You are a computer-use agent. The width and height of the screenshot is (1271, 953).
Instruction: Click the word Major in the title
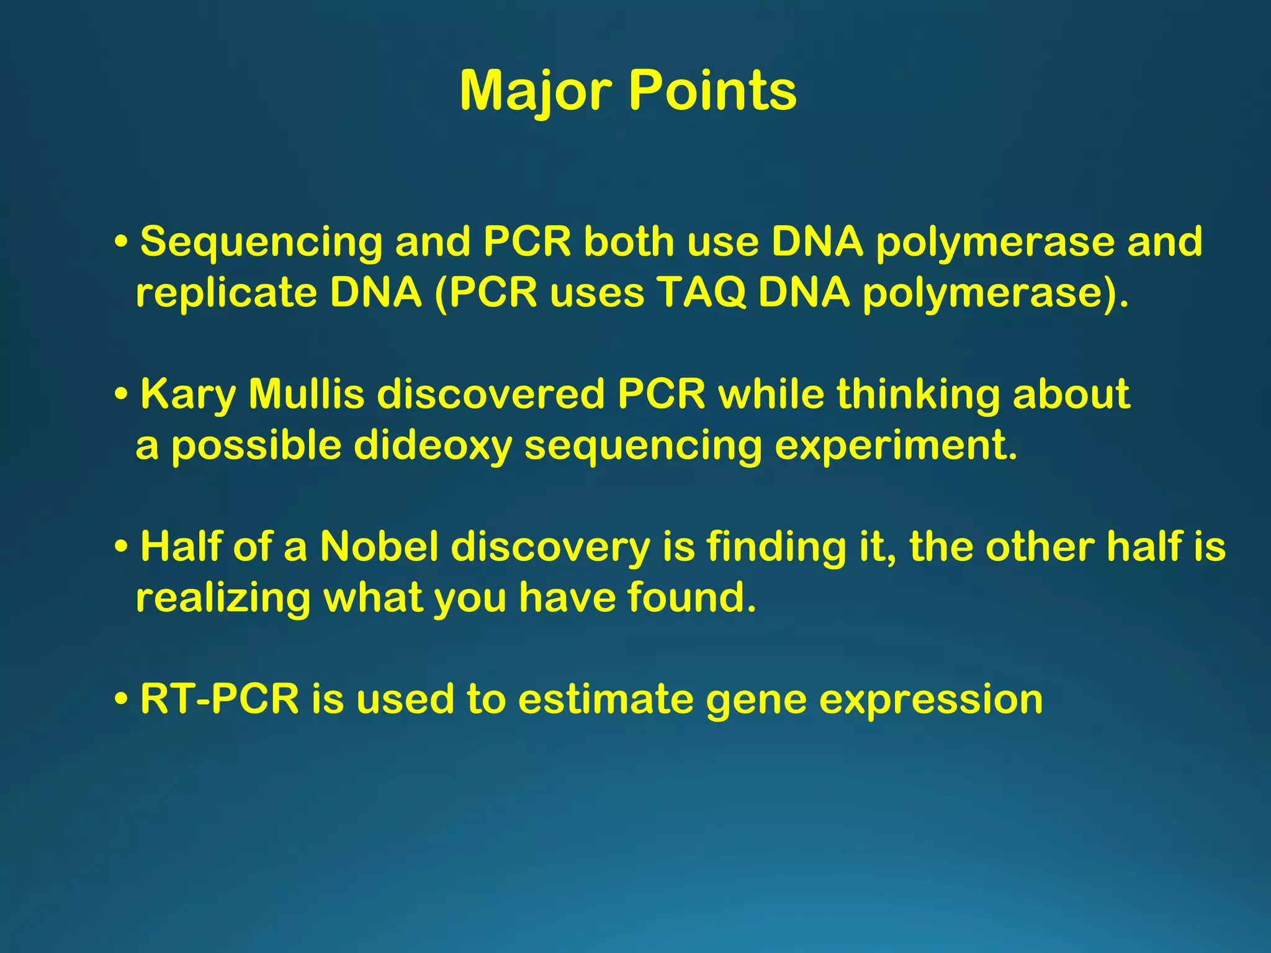click(x=537, y=91)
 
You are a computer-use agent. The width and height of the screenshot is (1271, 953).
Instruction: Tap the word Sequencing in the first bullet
click(x=261, y=242)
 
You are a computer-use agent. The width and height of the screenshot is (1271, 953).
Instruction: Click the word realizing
click(x=223, y=598)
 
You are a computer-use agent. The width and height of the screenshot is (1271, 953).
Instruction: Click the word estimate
click(x=605, y=699)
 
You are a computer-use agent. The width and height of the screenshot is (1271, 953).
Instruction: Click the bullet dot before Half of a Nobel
click(x=122, y=548)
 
